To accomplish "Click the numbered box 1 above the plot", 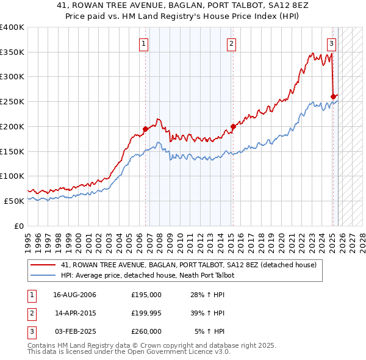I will pyautogui.click(x=143, y=43).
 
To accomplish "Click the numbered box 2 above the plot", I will pyautogui.click(x=232, y=43).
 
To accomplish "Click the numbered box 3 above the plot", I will pyautogui.click(x=331, y=43).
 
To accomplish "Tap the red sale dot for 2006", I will pyautogui.click(x=145, y=129).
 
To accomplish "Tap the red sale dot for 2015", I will pyautogui.click(x=232, y=127).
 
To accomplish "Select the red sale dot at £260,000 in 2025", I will pyautogui.click(x=333, y=96).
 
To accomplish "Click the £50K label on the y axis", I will pyautogui.click(x=13, y=201).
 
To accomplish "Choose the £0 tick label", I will pyautogui.click(x=18, y=226).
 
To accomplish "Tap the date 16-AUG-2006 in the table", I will pyautogui.click(x=75, y=295).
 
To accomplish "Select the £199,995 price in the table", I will pyautogui.click(x=146, y=313).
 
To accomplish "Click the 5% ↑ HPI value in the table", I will pyautogui.click(x=209, y=331).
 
